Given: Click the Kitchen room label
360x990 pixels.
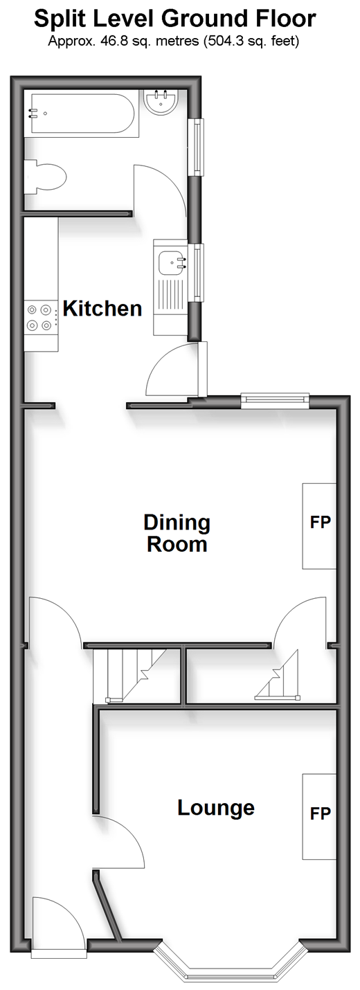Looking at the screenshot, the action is (102, 309).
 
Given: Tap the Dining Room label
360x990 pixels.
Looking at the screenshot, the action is (177, 533).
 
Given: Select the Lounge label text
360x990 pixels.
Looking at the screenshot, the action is (216, 808).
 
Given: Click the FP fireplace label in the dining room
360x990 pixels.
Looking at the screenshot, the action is (321, 523).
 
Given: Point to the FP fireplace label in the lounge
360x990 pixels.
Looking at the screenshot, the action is (321, 813).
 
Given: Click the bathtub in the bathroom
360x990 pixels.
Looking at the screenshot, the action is (82, 114).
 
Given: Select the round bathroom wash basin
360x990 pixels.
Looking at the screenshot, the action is (161, 102).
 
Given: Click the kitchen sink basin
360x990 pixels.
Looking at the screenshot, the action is (172, 262).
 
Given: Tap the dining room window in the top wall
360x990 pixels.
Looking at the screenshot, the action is (275, 398).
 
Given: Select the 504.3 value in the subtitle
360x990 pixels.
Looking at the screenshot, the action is (227, 42).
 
